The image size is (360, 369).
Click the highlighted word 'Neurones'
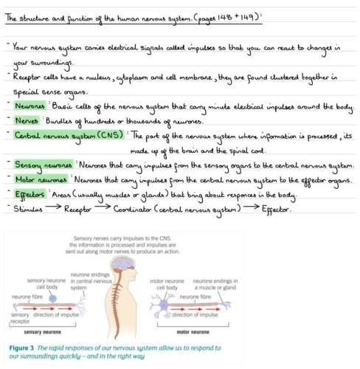(x=29, y=106)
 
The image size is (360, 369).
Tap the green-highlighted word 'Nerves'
(x=27, y=120)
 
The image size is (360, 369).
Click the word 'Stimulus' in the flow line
(x=30, y=210)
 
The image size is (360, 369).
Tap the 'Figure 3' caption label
(x=27, y=346)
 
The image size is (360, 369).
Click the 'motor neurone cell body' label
(x=168, y=284)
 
